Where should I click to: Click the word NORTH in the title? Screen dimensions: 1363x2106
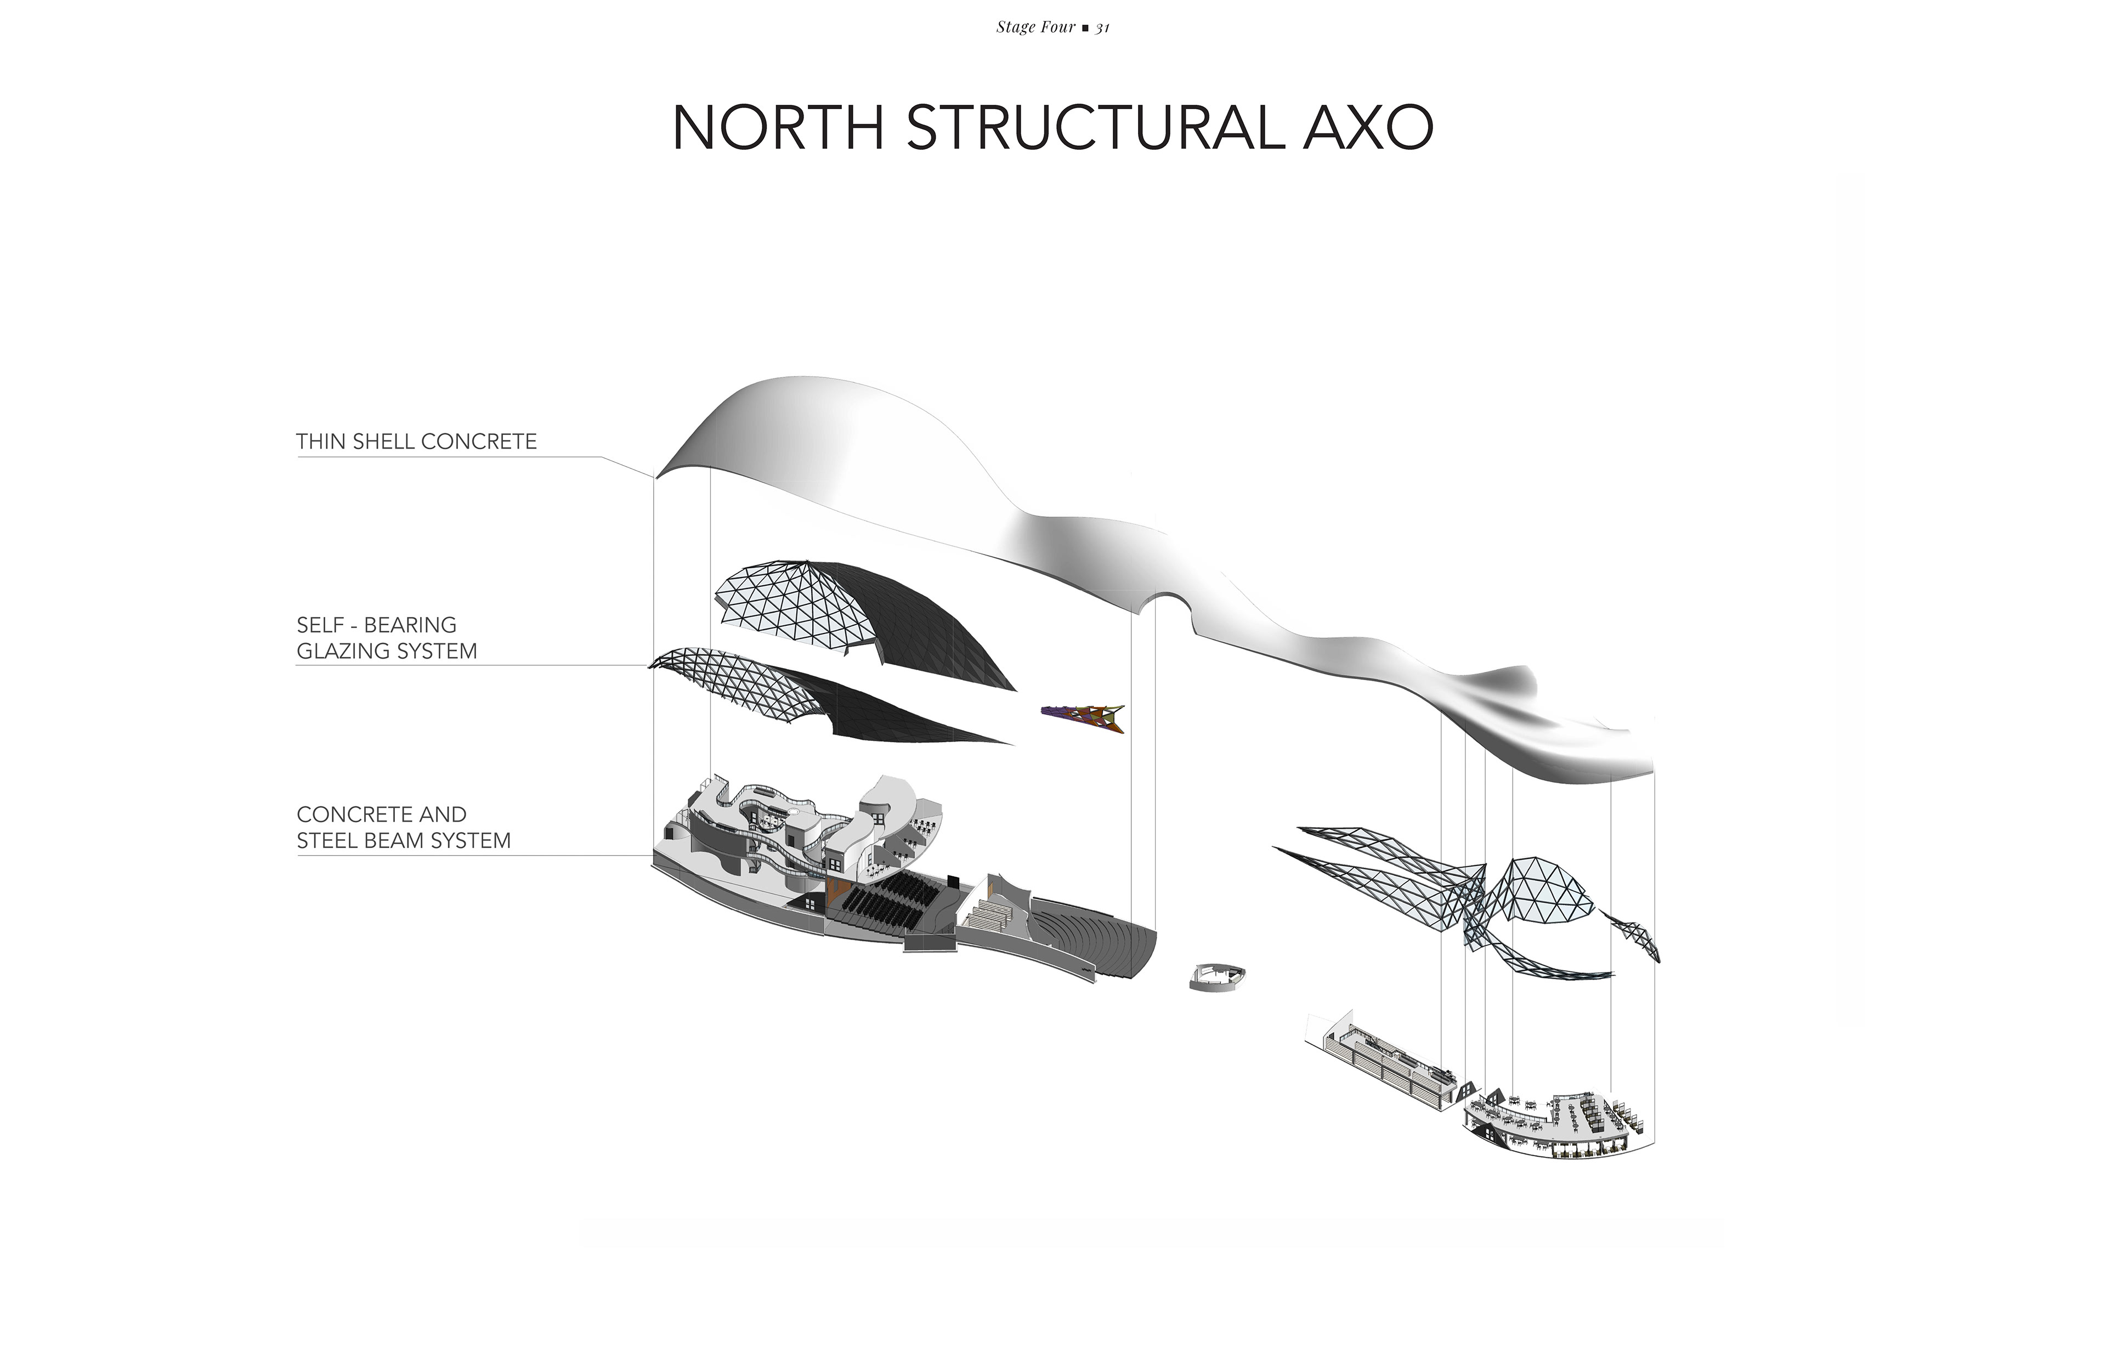pyautogui.click(x=778, y=128)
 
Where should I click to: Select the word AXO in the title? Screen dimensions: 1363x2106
pyautogui.click(x=1367, y=128)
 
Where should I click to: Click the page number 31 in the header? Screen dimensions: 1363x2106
pyautogui.click(x=1102, y=27)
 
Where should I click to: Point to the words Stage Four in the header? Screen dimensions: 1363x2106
pyautogui.click(x=1034, y=27)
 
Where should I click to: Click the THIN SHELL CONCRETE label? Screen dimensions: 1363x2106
pyautogui.click(x=416, y=442)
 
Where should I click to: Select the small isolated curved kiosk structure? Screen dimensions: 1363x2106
pyautogui.click(x=1219, y=976)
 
